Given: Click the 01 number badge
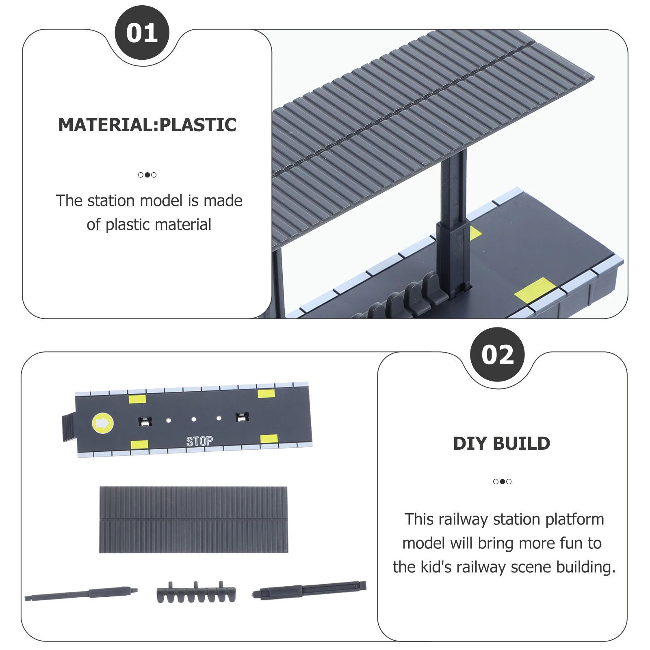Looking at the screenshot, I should click(x=142, y=33).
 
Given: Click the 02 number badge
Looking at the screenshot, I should click(x=497, y=355).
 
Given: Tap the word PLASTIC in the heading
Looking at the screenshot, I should click(x=198, y=125).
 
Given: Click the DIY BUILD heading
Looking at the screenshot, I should click(x=502, y=443).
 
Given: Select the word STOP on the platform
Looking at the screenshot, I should click(x=199, y=441).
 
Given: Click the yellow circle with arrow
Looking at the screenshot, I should click(x=103, y=423).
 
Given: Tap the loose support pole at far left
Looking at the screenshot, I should click(x=81, y=594).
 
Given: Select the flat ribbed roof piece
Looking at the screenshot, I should click(x=193, y=520).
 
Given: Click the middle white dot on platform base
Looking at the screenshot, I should click(x=194, y=419).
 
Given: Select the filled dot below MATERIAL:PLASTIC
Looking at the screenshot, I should click(x=147, y=175).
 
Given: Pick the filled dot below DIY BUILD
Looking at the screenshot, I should click(x=503, y=481).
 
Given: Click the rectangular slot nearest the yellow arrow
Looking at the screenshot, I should click(x=145, y=421).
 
